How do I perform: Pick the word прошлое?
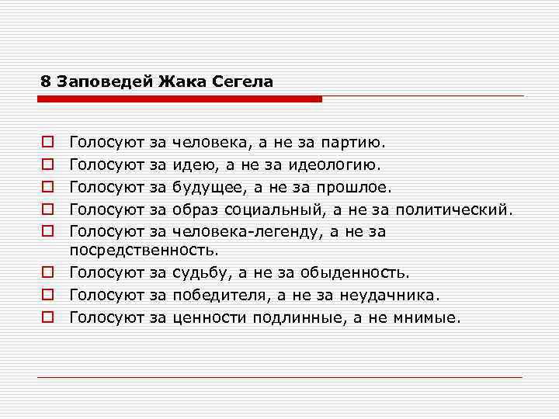pyautogui.click(x=358, y=186)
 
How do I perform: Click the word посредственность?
pyautogui.click(x=144, y=250)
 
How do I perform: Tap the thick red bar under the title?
pyautogui.click(x=179, y=99)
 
